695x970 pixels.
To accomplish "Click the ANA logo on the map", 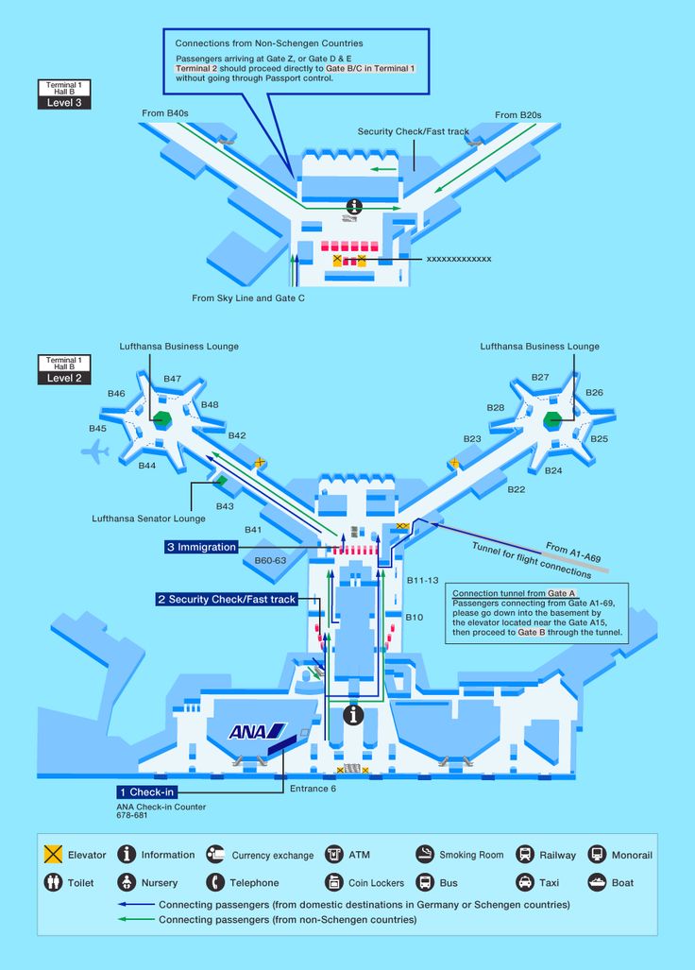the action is point(257,732).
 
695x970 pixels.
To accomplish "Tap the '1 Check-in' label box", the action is point(147,791).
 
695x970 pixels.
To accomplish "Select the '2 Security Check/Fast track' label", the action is point(227,599).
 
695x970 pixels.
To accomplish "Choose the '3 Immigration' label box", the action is point(201,547).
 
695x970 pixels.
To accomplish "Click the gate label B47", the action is point(173,379).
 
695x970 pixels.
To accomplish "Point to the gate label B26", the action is point(594,392).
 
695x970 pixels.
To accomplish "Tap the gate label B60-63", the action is point(270,560).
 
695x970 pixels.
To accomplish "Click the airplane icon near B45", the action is point(95,451).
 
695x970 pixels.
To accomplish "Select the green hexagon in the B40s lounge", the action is point(162,418).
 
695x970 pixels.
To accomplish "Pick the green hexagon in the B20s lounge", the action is point(551,420).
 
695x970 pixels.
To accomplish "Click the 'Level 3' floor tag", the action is point(64,103).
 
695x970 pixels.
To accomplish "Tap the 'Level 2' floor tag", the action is point(64,378).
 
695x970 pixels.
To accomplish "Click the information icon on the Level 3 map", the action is point(354,206).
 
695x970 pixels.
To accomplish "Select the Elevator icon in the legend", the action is point(53,855).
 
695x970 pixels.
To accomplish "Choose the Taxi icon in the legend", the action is point(525,882).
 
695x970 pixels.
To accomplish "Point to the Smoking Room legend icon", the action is point(425,855).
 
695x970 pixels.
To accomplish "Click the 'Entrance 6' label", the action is point(313,788).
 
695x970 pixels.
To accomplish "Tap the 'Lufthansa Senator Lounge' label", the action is point(148,519).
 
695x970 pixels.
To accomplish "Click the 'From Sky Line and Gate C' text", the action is point(248,298).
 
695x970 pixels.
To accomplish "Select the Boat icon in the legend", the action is point(598,882).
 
